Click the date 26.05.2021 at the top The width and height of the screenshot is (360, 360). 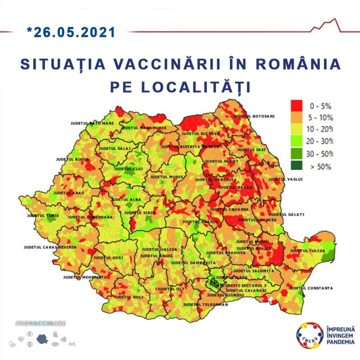(x=71, y=32)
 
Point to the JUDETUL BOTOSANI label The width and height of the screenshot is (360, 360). (x=254, y=116)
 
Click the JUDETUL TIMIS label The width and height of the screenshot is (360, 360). (x=43, y=216)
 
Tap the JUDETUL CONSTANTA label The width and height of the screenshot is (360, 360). (x=310, y=288)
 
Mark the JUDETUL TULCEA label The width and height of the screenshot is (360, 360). (x=307, y=251)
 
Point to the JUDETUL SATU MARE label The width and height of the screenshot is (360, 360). (x=92, y=123)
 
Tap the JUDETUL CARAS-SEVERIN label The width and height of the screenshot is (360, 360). (x=50, y=247)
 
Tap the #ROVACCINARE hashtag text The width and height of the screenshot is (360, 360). (x=41, y=324)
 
